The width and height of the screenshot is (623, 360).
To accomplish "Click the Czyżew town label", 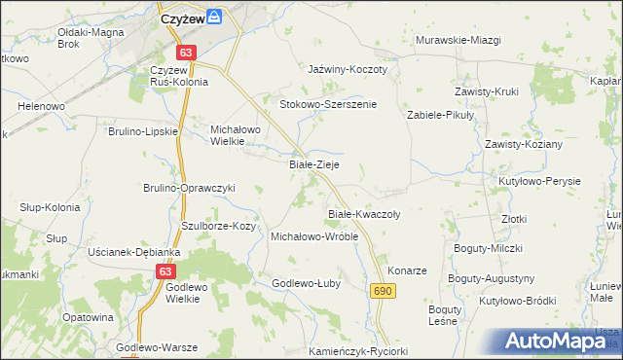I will [182, 18].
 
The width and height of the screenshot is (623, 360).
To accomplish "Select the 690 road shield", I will [383, 291].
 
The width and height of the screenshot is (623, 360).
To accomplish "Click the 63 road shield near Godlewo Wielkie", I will [166, 274].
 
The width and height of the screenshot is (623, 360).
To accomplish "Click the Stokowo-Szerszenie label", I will [328, 104].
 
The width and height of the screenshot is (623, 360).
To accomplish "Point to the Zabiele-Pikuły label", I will [439, 114].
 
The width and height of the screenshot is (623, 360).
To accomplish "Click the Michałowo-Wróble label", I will [314, 236].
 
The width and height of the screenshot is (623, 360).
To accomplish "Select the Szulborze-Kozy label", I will [218, 226].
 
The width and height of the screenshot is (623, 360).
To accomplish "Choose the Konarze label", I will [407, 270].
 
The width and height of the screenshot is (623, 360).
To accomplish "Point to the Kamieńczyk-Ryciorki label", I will [357, 350].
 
